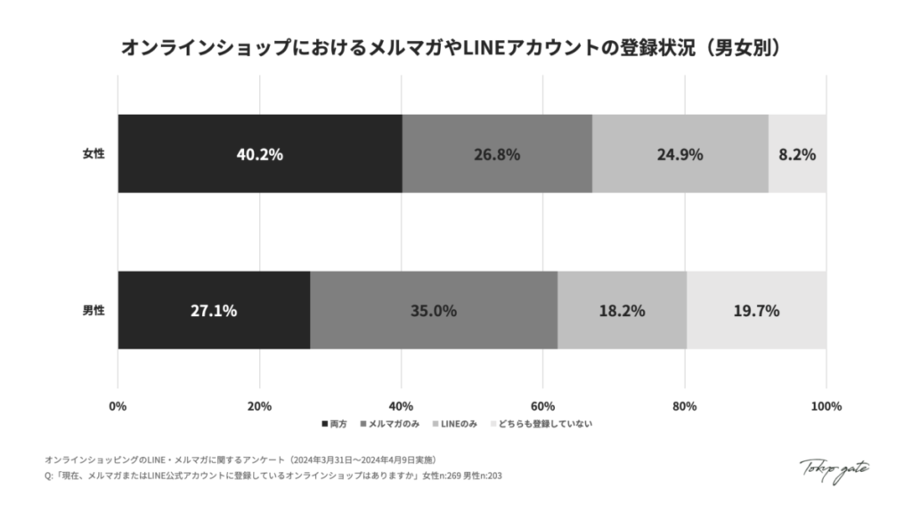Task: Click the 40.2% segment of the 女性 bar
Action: pyautogui.click(x=259, y=153)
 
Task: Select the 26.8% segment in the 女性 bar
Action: pyautogui.click(x=497, y=153)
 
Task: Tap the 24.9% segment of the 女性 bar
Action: pyautogui.click(x=680, y=153)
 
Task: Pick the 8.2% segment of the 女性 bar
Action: pyautogui.click(x=797, y=153)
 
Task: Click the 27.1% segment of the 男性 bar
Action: pyautogui.click(x=214, y=311)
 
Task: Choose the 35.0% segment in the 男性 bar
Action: pyautogui.click(x=434, y=311)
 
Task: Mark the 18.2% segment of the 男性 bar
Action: pyautogui.click(x=622, y=311)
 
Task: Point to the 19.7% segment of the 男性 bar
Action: pyautogui.click(x=756, y=311)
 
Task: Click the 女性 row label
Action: pyautogui.click(x=94, y=153)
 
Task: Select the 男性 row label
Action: pyautogui.click(x=94, y=311)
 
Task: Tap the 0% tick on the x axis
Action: pyautogui.click(x=118, y=406)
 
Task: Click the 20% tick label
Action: pyautogui.click(x=259, y=406)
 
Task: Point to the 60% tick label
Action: pyautogui.click(x=543, y=406)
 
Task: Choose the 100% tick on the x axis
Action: pyautogui.click(x=826, y=406)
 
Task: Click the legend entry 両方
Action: pyautogui.click(x=333, y=423)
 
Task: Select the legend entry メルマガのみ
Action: pyautogui.click(x=395, y=423)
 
